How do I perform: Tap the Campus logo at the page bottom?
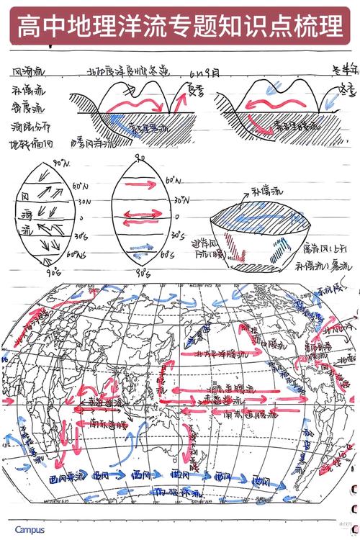(x=30, y=530)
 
